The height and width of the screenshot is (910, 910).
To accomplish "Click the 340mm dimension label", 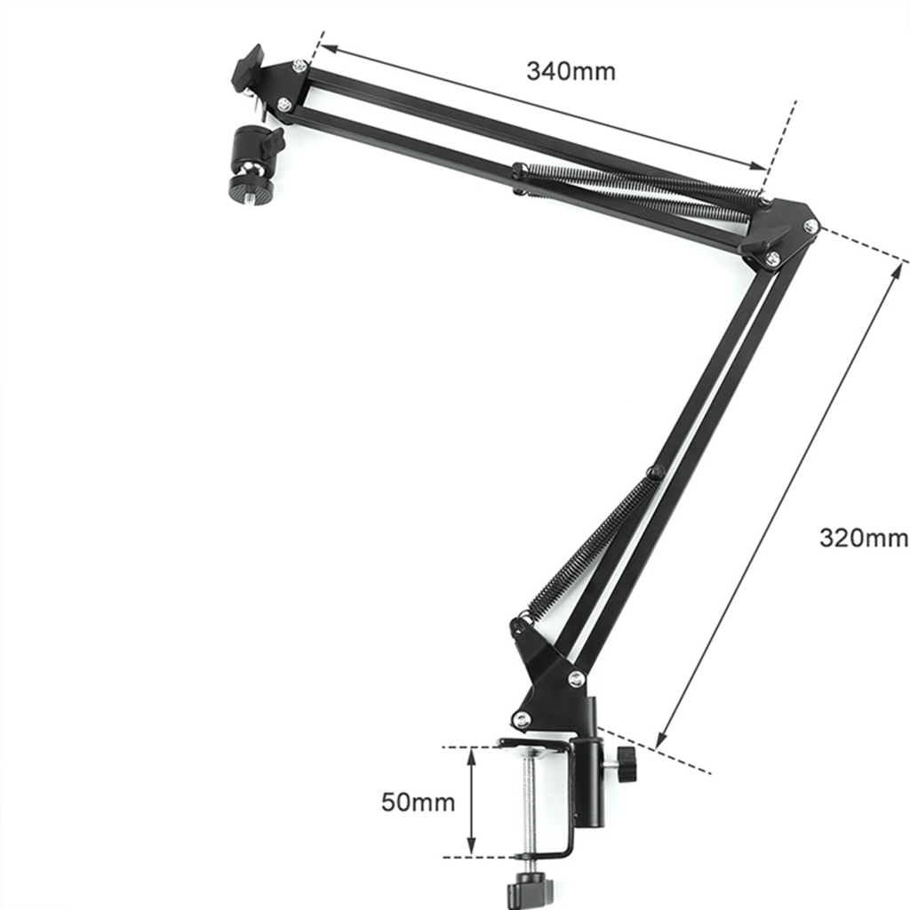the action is pos(571,71).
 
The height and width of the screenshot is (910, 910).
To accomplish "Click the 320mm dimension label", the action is pos(864,538).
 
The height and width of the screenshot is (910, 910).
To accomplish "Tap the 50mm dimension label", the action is pos(418,802).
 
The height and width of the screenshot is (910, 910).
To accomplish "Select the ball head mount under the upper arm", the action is pos(252,165).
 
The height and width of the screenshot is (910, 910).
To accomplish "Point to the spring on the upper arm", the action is pos(638,186).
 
